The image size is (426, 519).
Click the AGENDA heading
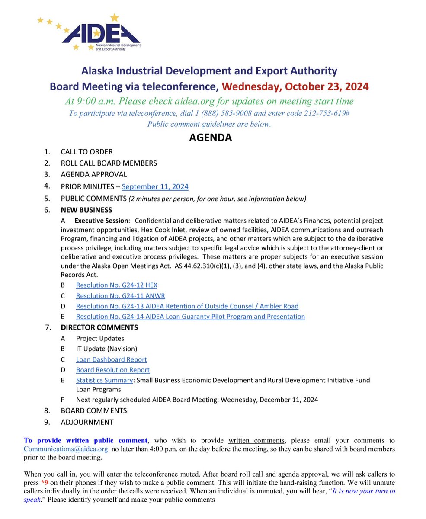point(210,138)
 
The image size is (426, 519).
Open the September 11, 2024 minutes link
point(155,187)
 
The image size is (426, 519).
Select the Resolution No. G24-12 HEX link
point(116,285)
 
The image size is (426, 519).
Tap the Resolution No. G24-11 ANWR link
point(120,296)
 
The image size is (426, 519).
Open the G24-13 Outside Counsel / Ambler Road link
point(187,306)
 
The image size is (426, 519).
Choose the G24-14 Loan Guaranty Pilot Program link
point(190,317)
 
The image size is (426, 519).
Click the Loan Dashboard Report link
point(111,359)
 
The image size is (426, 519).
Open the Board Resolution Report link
point(112,370)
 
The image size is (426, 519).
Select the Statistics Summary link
point(104,380)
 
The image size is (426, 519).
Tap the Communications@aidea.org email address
point(66,449)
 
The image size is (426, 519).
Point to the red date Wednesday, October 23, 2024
point(295,86)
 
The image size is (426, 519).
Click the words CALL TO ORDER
point(86,152)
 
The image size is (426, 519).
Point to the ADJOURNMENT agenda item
point(87,422)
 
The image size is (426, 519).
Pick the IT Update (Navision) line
point(106,349)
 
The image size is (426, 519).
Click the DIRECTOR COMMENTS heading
point(99,327)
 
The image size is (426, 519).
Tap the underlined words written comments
point(256,441)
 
